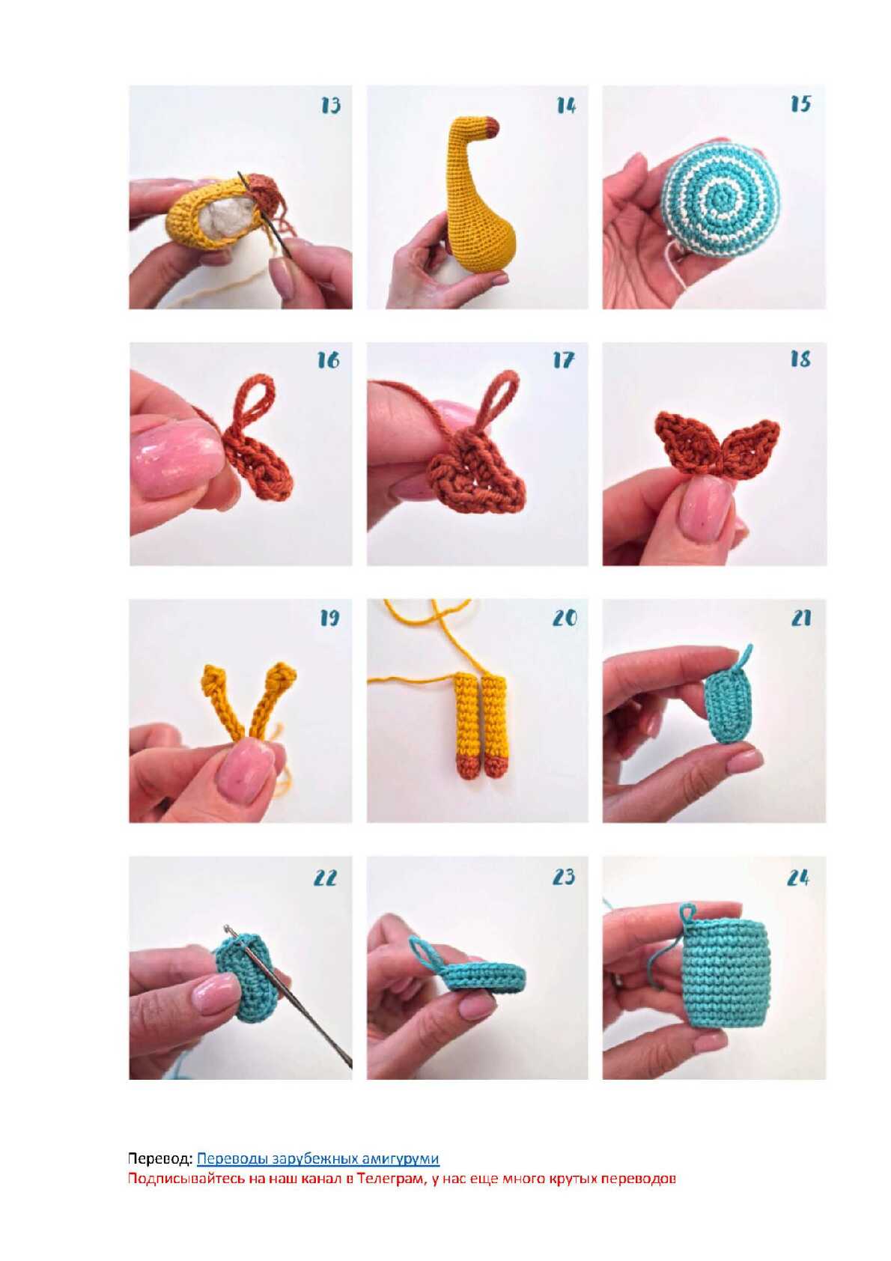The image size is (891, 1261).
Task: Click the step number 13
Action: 330,106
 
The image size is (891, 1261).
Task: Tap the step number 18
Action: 800,359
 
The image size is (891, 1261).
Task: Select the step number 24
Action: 798,878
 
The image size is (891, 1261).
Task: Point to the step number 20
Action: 565,618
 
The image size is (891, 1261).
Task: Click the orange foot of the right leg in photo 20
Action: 496,768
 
